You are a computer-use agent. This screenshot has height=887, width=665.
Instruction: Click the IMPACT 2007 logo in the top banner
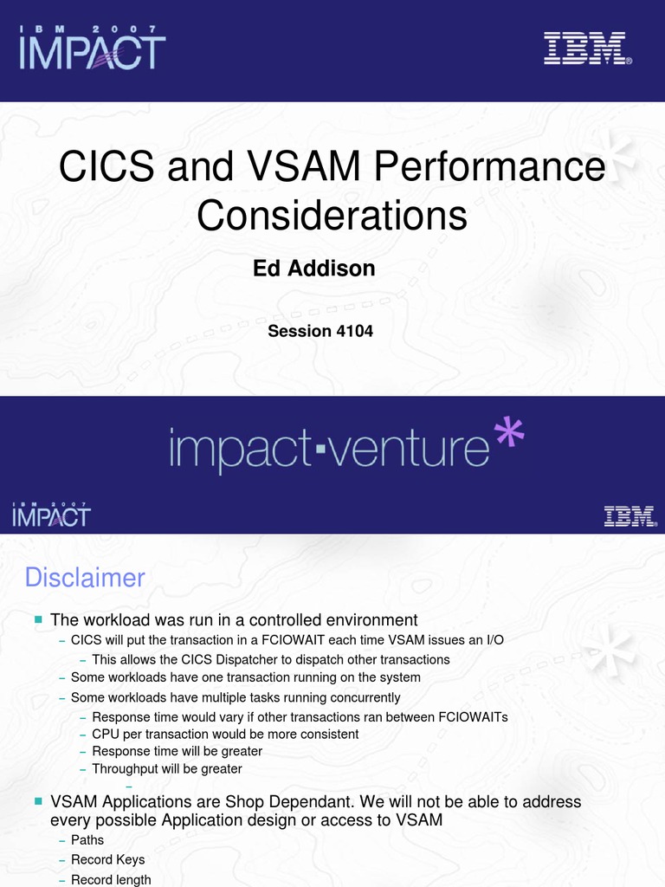(92, 48)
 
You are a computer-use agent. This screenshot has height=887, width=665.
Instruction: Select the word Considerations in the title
(332, 215)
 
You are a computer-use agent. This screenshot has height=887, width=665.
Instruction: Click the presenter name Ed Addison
(313, 269)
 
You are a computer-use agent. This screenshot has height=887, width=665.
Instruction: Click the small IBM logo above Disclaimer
(629, 517)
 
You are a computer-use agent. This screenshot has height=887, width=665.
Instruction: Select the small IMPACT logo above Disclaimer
(51, 515)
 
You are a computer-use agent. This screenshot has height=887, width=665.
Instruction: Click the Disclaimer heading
(84, 577)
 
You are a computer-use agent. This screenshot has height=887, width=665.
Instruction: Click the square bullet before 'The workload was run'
(38, 619)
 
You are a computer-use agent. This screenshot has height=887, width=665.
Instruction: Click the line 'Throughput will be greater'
(167, 768)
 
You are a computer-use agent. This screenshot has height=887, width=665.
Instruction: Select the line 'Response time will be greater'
(177, 751)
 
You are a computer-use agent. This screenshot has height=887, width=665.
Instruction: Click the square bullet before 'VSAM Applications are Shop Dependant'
(38, 802)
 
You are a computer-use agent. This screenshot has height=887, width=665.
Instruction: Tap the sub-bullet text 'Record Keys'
(107, 859)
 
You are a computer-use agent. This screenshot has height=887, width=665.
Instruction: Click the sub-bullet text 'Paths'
(87, 839)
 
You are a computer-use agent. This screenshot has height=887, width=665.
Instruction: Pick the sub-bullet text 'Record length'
(111, 879)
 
